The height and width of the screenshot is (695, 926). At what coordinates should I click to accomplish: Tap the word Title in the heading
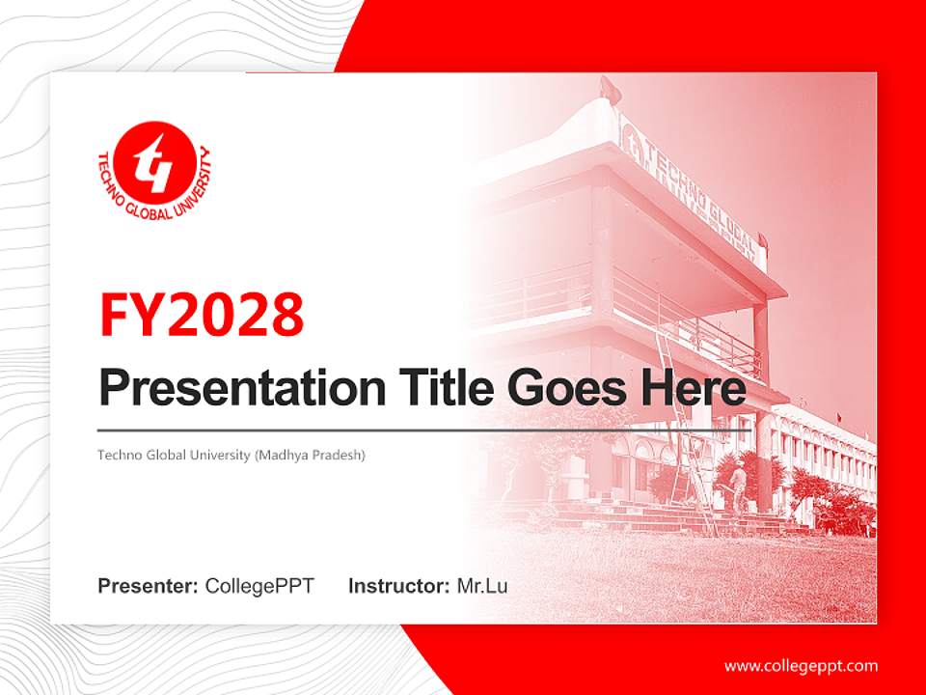point(437,388)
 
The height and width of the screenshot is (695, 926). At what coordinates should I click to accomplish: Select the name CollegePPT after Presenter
point(259,586)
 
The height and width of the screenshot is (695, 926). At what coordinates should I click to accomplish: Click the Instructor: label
point(398,586)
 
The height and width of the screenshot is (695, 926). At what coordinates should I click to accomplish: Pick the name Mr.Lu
point(482,586)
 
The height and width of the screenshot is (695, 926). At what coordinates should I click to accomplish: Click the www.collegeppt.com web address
point(801,665)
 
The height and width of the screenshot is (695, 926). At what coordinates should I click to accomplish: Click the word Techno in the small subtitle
point(117,454)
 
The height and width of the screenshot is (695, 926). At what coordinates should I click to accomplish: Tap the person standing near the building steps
point(737,487)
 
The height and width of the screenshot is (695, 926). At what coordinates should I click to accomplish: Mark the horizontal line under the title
point(424,430)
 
